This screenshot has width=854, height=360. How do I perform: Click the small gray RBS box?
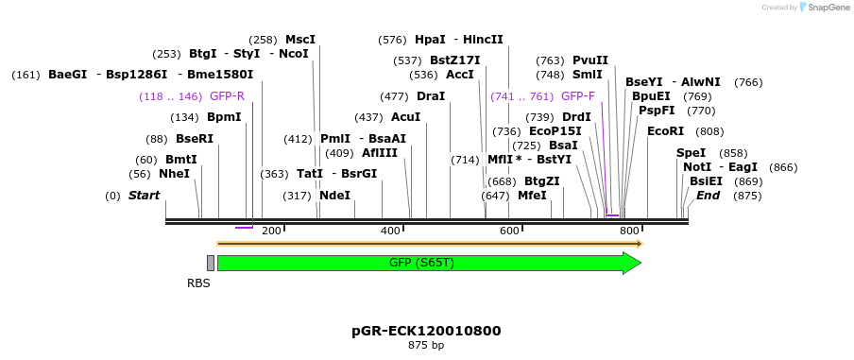(x=211, y=263)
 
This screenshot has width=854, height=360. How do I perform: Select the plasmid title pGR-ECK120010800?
(x=425, y=331)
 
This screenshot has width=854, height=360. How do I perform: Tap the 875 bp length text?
(x=425, y=346)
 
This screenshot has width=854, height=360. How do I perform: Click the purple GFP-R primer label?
(x=227, y=96)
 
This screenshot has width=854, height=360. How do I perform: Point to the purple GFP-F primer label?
(x=577, y=96)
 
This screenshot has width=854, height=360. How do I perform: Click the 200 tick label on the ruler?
(x=271, y=231)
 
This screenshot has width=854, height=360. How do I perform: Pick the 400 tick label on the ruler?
(x=390, y=231)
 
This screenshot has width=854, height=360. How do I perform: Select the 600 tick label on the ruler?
(x=509, y=231)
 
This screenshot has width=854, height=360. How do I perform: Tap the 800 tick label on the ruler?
(x=628, y=231)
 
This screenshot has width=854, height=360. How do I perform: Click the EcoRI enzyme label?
(x=666, y=131)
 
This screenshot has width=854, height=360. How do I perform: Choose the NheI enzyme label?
(x=174, y=174)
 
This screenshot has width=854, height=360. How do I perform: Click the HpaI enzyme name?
(x=430, y=40)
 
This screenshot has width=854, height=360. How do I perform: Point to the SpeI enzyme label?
(x=691, y=153)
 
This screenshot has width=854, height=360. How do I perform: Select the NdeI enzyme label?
(x=334, y=196)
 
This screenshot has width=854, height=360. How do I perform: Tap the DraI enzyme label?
(x=430, y=96)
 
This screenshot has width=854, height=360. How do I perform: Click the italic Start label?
(x=144, y=196)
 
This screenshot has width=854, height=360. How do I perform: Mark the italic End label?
(x=708, y=196)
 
